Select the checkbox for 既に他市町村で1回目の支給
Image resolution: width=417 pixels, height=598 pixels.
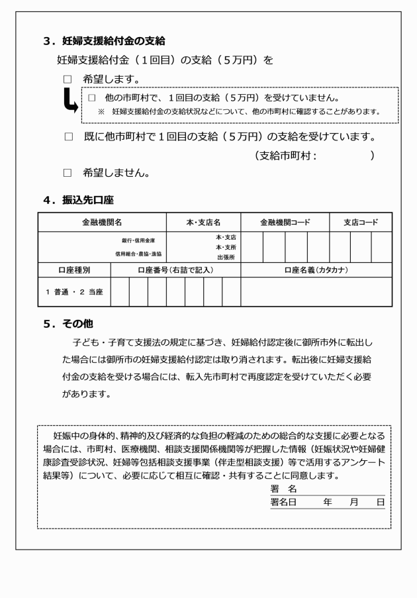point(68,138)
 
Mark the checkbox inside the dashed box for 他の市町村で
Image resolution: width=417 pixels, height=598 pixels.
point(92,98)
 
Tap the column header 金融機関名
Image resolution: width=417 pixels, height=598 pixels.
point(102,223)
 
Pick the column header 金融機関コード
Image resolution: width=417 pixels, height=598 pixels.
point(285,223)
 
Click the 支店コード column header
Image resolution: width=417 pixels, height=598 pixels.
point(360,223)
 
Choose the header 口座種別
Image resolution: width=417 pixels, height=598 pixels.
point(73,270)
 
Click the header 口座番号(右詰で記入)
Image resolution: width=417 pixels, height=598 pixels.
point(175,270)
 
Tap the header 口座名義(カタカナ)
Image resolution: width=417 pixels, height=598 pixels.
point(316,270)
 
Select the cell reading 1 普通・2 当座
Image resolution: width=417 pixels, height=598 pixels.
point(74,291)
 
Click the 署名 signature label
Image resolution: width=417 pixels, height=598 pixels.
point(283,489)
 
